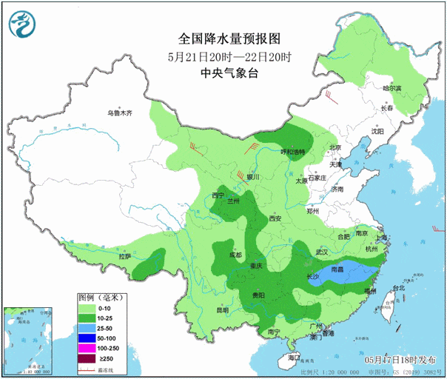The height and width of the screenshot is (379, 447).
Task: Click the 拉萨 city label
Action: click(x=125, y=256)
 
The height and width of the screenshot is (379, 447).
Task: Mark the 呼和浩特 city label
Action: click(x=292, y=152)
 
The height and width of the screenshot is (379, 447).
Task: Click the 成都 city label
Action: click(x=235, y=255)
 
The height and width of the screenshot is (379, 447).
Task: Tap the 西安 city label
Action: click(x=275, y=219)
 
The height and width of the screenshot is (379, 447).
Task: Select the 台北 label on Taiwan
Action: click(x=398, y=287)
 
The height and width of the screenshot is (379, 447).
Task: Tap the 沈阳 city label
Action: click(x=378, y=131)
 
